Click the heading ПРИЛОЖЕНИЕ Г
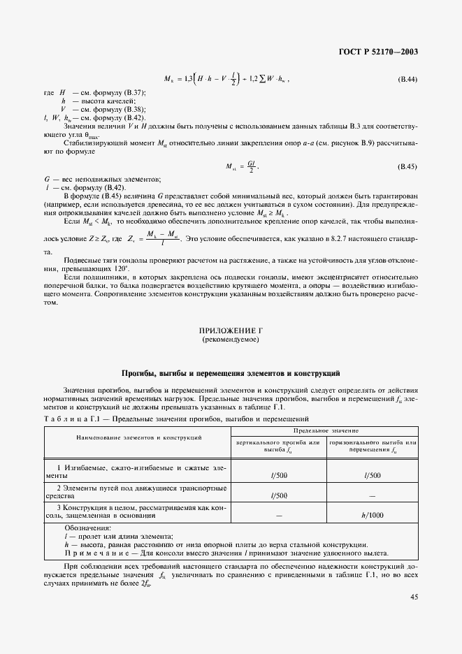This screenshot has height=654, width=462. coord(231,331)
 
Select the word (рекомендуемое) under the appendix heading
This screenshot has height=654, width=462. coord(231,340)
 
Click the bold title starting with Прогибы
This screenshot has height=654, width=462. coord(231,373)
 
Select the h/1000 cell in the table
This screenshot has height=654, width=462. coord(373,515)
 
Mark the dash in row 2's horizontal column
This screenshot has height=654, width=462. coord(373,495)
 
